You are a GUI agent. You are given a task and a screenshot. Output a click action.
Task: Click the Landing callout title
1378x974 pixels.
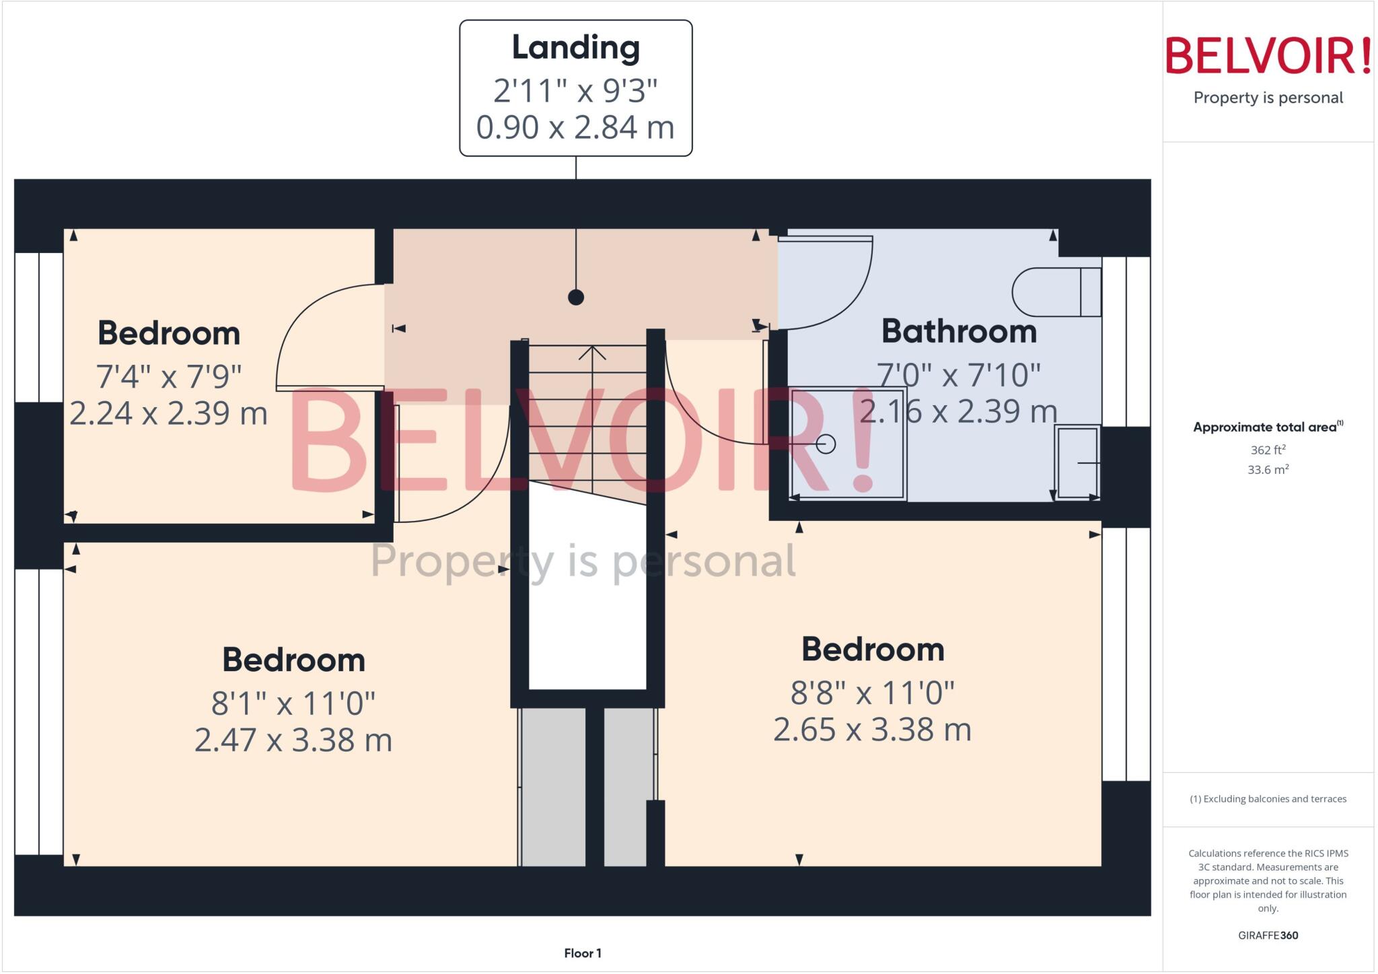pyautogui.click(x=575, y=48)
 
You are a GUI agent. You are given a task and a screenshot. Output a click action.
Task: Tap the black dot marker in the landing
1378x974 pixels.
pyautogui.click(x=575, y=297)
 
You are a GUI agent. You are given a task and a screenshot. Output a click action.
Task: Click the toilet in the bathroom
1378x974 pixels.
pyautogui.click(x=1055, y=292)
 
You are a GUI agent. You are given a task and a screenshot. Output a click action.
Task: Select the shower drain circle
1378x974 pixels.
pyautogui.click(x=826, y=444)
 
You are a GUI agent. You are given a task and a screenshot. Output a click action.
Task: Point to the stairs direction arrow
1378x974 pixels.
pyautogui.click(x=592, y=353)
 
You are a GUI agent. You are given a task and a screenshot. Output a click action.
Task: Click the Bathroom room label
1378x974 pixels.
pyautogui.click(x=959, y=331)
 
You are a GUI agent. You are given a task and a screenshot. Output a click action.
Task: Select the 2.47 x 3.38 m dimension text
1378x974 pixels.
pyautogui.click(x=293, y=740)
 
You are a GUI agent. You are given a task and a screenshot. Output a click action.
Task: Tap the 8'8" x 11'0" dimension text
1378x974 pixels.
pyautogui.click(x=872, y=693)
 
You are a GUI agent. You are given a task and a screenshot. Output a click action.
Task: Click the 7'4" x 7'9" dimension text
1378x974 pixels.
pyautogui.click(x=168, y=376)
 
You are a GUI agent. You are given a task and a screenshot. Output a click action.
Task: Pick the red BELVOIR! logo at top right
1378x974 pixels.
pyautogui.click(x=1268, y=57)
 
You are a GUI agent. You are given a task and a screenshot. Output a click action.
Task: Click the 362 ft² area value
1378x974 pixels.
pyautogui.click(x=1268, y=450)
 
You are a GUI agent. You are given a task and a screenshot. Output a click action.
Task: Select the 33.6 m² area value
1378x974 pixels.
pyautogui.click(x=1268, y=470)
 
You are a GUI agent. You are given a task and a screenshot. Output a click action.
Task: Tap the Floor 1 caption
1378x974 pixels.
pyautogui.click(x=583, y=953)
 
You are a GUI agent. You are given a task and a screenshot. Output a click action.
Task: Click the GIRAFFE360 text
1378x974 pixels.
pyautogui.click(x=1268, y=935)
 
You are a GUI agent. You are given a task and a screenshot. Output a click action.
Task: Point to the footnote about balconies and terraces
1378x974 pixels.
pyautogui.click(x=1268, y=799)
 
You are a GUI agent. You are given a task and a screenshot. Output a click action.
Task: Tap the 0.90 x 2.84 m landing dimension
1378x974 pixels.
pyautogui.click(x=575, y=128)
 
